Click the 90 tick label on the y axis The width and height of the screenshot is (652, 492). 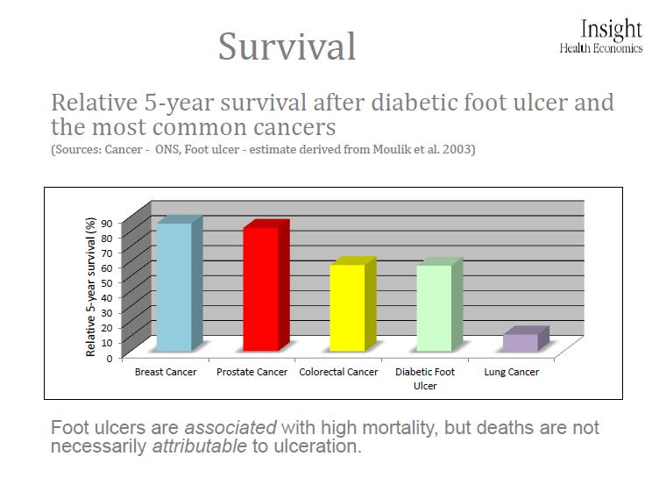(107, 224)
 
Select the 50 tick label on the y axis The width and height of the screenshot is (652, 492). (107, 283)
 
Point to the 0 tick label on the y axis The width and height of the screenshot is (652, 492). (110, 358)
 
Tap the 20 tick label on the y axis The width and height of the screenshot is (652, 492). (107, 328)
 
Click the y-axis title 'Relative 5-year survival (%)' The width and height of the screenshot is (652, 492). (90, 287)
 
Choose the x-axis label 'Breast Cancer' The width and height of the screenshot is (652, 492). (166, 372)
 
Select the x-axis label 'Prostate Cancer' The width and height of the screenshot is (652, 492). (252, 372)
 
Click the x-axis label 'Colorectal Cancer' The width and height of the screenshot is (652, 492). (338, 372)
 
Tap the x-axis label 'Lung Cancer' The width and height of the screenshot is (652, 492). (512, 372)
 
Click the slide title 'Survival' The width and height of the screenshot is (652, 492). (287, 46)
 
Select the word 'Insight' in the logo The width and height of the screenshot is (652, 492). (611, 30)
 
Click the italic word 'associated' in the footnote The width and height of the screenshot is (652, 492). (230, 427)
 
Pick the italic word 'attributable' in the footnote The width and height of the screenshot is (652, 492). (200, 446)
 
